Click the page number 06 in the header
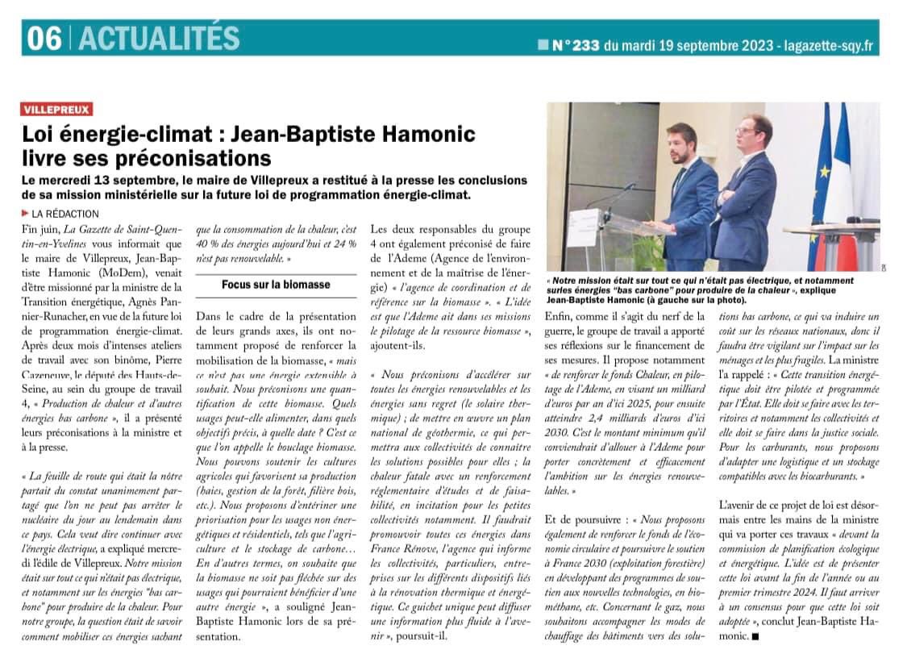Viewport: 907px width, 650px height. (44, 38)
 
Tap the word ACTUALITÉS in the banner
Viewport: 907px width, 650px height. (159, 38)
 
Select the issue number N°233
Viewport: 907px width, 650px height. (575, 45)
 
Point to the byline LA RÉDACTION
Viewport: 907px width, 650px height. (65, 214)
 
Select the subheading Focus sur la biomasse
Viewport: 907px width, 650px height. (276, 285)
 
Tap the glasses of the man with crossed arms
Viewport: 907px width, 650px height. (747, 131)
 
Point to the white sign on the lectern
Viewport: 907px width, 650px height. (582, 227)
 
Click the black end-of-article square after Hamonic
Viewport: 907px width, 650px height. (755, 636)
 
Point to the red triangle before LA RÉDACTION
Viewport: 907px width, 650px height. (26, 214)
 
